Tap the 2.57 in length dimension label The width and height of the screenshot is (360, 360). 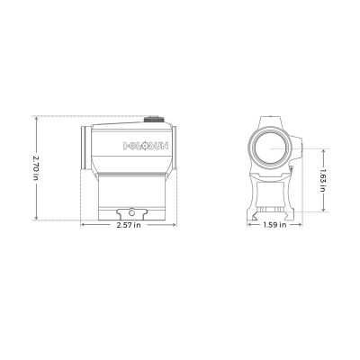[x=128, y=226]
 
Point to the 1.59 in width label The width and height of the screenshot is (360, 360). [x=274, y=226]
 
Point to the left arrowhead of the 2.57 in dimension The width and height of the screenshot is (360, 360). [x=82, y=225]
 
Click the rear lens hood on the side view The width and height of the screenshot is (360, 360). [x=85, y=146]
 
